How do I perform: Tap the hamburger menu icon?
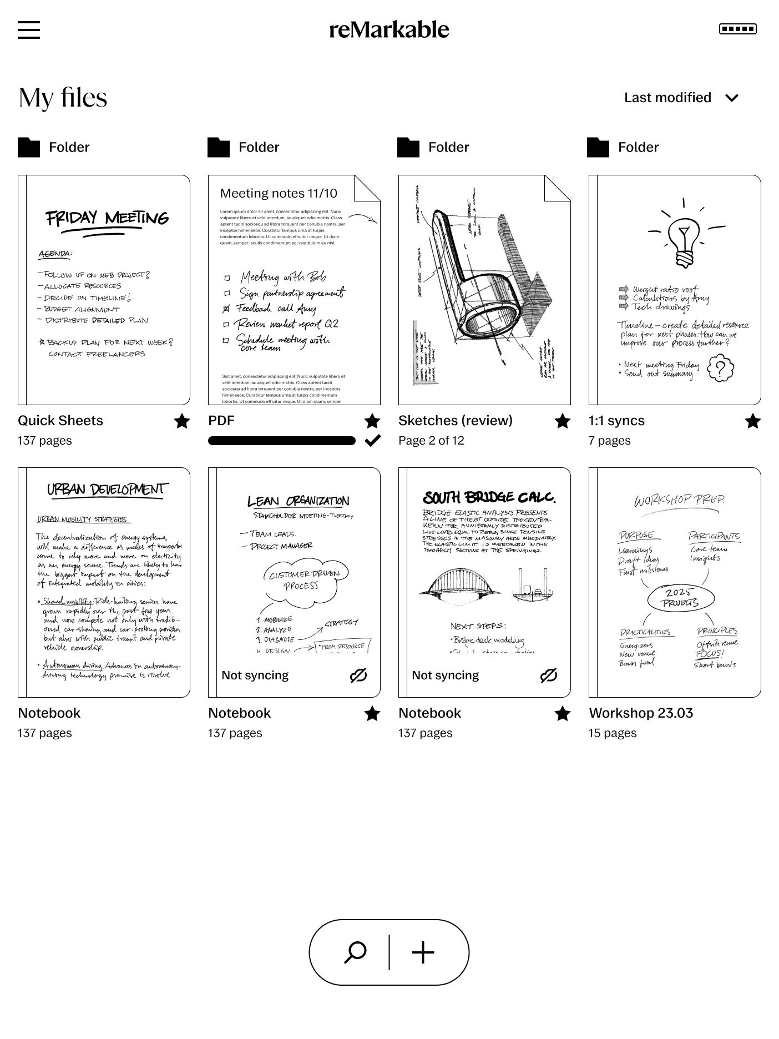[29, 29]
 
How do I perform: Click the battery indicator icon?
[737, 29]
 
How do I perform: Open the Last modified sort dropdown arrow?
[732, 98]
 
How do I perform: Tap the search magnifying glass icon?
[356, 952]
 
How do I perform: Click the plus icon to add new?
[423, 952]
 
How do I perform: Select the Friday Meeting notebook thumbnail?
[104, 290]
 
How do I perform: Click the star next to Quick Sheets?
[181, 421]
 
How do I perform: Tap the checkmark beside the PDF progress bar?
[372, 441]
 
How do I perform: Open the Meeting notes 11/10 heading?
[279, 193]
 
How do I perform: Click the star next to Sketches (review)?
[562, 421]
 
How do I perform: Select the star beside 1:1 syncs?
[752, 421]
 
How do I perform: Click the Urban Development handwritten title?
[107, 490]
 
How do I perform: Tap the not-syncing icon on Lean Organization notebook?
[358, 675]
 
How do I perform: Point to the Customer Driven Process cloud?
[302, 581]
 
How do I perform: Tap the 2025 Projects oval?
[680, 598]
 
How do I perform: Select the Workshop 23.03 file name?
[641, 713]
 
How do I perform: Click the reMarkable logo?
[389, 29]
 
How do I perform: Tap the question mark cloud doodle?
[721, 368]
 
